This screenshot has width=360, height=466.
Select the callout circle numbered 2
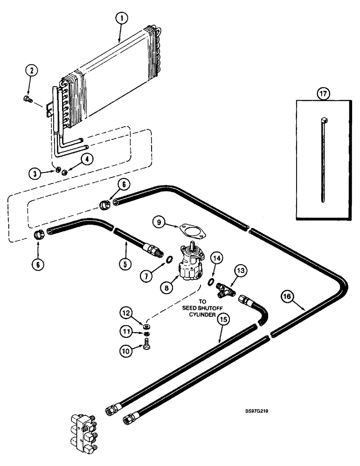pos(31,71)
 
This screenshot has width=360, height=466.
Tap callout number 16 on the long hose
pos(288,295)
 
